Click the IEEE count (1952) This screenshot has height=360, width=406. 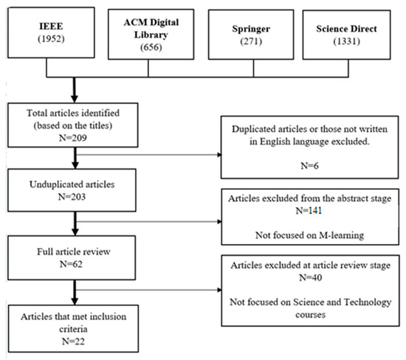[x=51, y=39]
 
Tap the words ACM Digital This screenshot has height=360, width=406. [x=151, y=22]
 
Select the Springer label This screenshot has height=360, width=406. [x=251, y=29]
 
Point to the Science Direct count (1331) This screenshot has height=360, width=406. [x=346, y=41]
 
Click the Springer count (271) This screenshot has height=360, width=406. [x=251, y=41]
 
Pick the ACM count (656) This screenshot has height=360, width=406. [x=151, y=47]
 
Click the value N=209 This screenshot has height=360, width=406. [x=73, y=138]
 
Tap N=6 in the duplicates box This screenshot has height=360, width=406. [x=310, y=166]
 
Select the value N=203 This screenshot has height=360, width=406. [x=72, y=197]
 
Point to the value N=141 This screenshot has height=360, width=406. [x=309, y=210]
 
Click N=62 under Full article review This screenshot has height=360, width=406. [x=71, y=264]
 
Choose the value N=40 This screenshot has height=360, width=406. [x=311, y=277]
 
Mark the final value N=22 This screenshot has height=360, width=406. [x=73, y=342]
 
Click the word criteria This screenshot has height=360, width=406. [x=73, y=329]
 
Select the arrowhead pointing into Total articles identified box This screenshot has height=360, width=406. [x=75, y=99]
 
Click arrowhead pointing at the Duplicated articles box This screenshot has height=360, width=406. [x=219, y=155]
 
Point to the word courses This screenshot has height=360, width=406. [x=311, y=315]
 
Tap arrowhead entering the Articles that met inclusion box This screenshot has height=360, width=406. [x=75, y=301]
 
